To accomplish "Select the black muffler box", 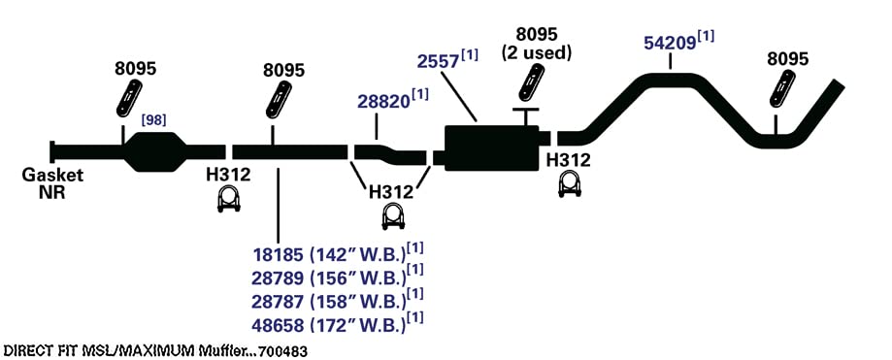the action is (492, 147).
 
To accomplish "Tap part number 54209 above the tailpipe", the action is (670, 44).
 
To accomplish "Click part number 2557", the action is (438, 61).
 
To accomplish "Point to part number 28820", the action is (383, 101).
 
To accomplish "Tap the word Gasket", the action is (52, 176).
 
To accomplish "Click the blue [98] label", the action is (153, 120).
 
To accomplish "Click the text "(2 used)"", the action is (536, 53).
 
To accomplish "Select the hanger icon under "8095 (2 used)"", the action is (532, 83).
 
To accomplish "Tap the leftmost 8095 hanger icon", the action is (130, 97).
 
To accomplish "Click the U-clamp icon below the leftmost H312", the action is (229, 200).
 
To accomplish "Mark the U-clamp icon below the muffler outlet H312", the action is (569, 185).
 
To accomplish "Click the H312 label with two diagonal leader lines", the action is (391, 192).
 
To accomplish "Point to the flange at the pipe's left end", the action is (52, 151).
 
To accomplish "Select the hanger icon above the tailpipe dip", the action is (782, 88).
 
